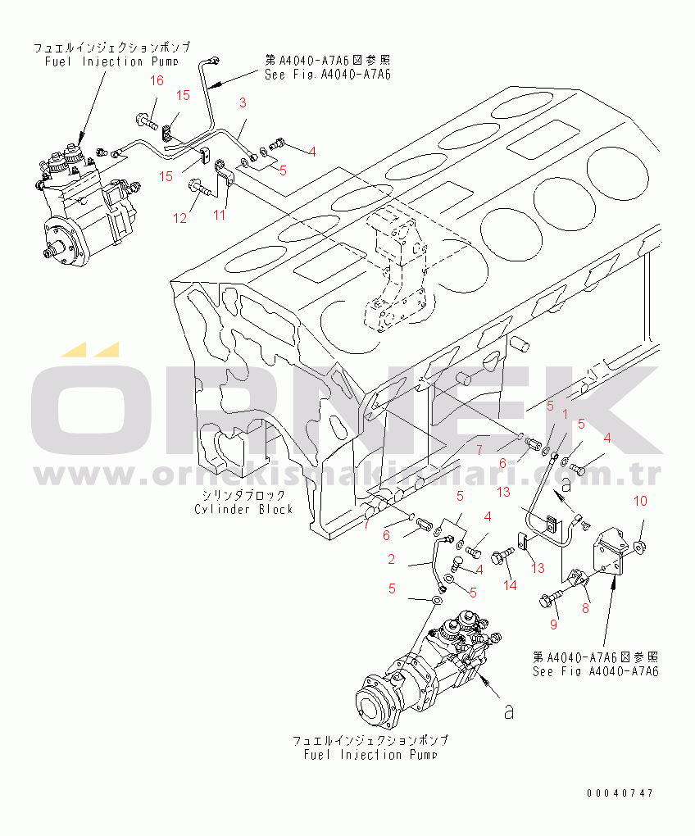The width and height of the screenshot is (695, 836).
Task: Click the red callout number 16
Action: coord(157,80)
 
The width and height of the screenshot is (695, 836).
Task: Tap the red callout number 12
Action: coord(179,218)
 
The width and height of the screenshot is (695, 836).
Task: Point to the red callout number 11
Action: coord(219,215)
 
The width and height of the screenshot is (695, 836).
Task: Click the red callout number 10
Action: coord(641,501)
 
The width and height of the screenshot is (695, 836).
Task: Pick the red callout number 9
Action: coord(553,625)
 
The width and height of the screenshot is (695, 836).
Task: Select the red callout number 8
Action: coord(585,608)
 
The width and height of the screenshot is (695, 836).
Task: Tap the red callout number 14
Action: coord(510,584)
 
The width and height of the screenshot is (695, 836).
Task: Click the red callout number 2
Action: coord(392,560)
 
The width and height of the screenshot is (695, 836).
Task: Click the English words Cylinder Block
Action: coord(243,509)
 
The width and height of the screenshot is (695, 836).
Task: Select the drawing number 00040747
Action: coord(620,793)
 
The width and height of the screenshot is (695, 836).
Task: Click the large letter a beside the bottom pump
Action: coord(509,712)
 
